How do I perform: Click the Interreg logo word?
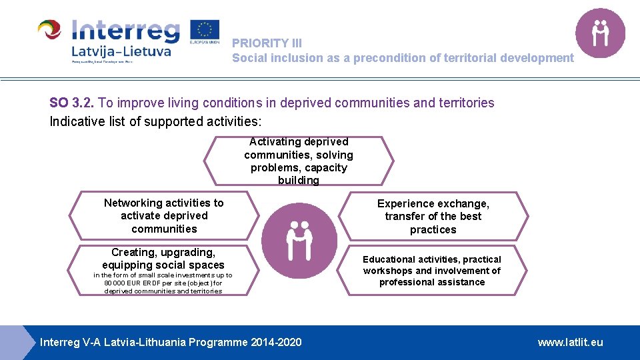[125, 31]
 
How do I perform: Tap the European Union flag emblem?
[205, 31]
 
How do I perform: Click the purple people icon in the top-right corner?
[600, 33]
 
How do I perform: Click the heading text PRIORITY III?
[267, 43]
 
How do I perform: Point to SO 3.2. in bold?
[72, 103]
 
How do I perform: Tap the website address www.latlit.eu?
[570, 342]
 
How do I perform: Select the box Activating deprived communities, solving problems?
[299, 161]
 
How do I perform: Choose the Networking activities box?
[164, 215]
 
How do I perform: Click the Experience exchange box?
[433, 216]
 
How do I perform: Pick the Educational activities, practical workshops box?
[432, 270]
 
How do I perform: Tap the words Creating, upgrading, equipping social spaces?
[163, 259]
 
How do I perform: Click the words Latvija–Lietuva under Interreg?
[121, 51]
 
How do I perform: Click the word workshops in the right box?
[388, 271]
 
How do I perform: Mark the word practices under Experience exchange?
[433, 229]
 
